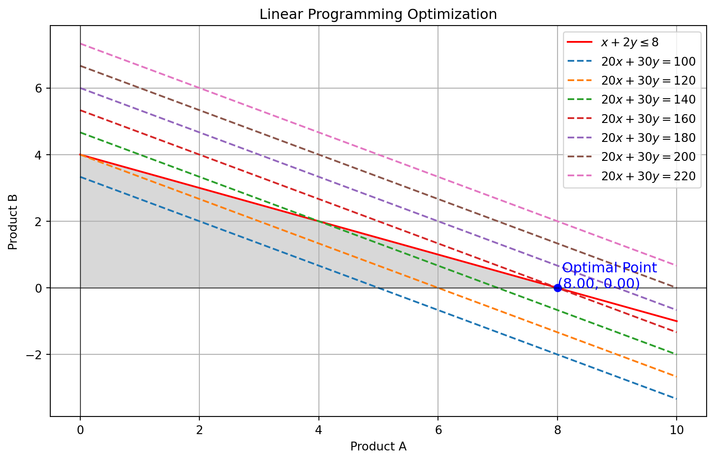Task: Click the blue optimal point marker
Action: [x=558, y=288]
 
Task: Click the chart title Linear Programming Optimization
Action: [x=378, y=15]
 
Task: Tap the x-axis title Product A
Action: [x=378, y=446]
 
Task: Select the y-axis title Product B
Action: [x=13, y=221]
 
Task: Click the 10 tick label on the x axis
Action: [x=677, y=430]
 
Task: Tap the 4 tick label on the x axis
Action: [x=319, y=430]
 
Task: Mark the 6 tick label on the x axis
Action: [x=438, y=430]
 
